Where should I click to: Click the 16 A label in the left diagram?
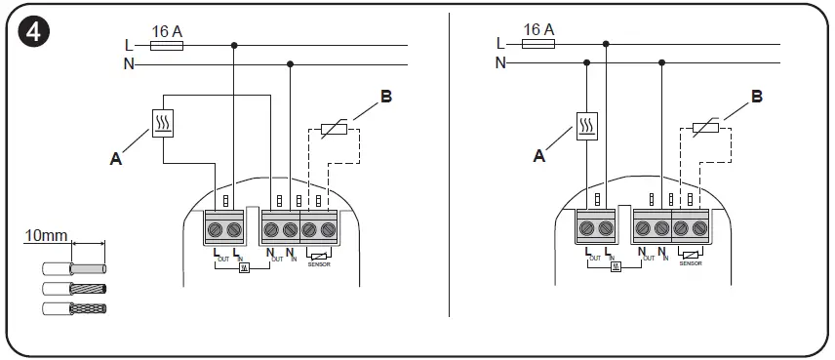point(167,30)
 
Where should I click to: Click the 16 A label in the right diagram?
point(538,30)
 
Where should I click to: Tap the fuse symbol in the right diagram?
point(539,45)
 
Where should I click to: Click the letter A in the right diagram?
point(538,154)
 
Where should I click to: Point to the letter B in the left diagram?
point(385,97)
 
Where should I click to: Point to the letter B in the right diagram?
point(757,97)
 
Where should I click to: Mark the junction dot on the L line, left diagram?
point(234,45)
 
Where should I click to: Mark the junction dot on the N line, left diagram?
point(290,64)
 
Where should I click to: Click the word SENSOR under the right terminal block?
point(690,263)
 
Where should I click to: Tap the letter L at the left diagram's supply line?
point(129,45)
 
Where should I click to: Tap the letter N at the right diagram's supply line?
point(500,63)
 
